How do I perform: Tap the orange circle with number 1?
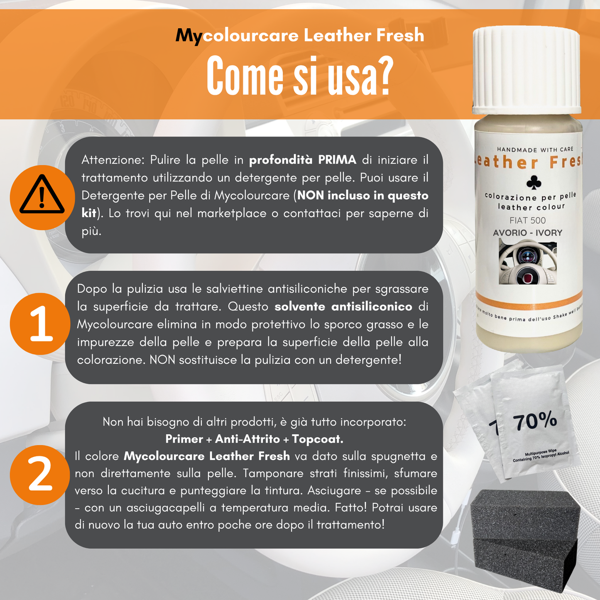click(40, 324)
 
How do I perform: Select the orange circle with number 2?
click(40, 475)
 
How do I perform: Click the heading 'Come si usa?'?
click(300, 76)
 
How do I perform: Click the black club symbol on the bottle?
click(534, 182)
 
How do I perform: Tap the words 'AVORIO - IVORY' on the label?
click(528, 233)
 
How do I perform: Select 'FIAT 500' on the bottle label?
click(528, 220)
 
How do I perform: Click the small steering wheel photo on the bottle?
click(528, 262)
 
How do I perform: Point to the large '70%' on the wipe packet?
click(535, 421)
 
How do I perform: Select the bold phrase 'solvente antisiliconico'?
click(343, 307)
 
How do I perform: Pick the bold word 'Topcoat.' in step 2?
click(318, 439)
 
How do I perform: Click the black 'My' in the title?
click(189, 36)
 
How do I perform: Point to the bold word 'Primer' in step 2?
click(184, 439)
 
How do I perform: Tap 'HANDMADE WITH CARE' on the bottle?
click(535, 149)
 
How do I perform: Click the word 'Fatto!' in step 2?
click(351, 508)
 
